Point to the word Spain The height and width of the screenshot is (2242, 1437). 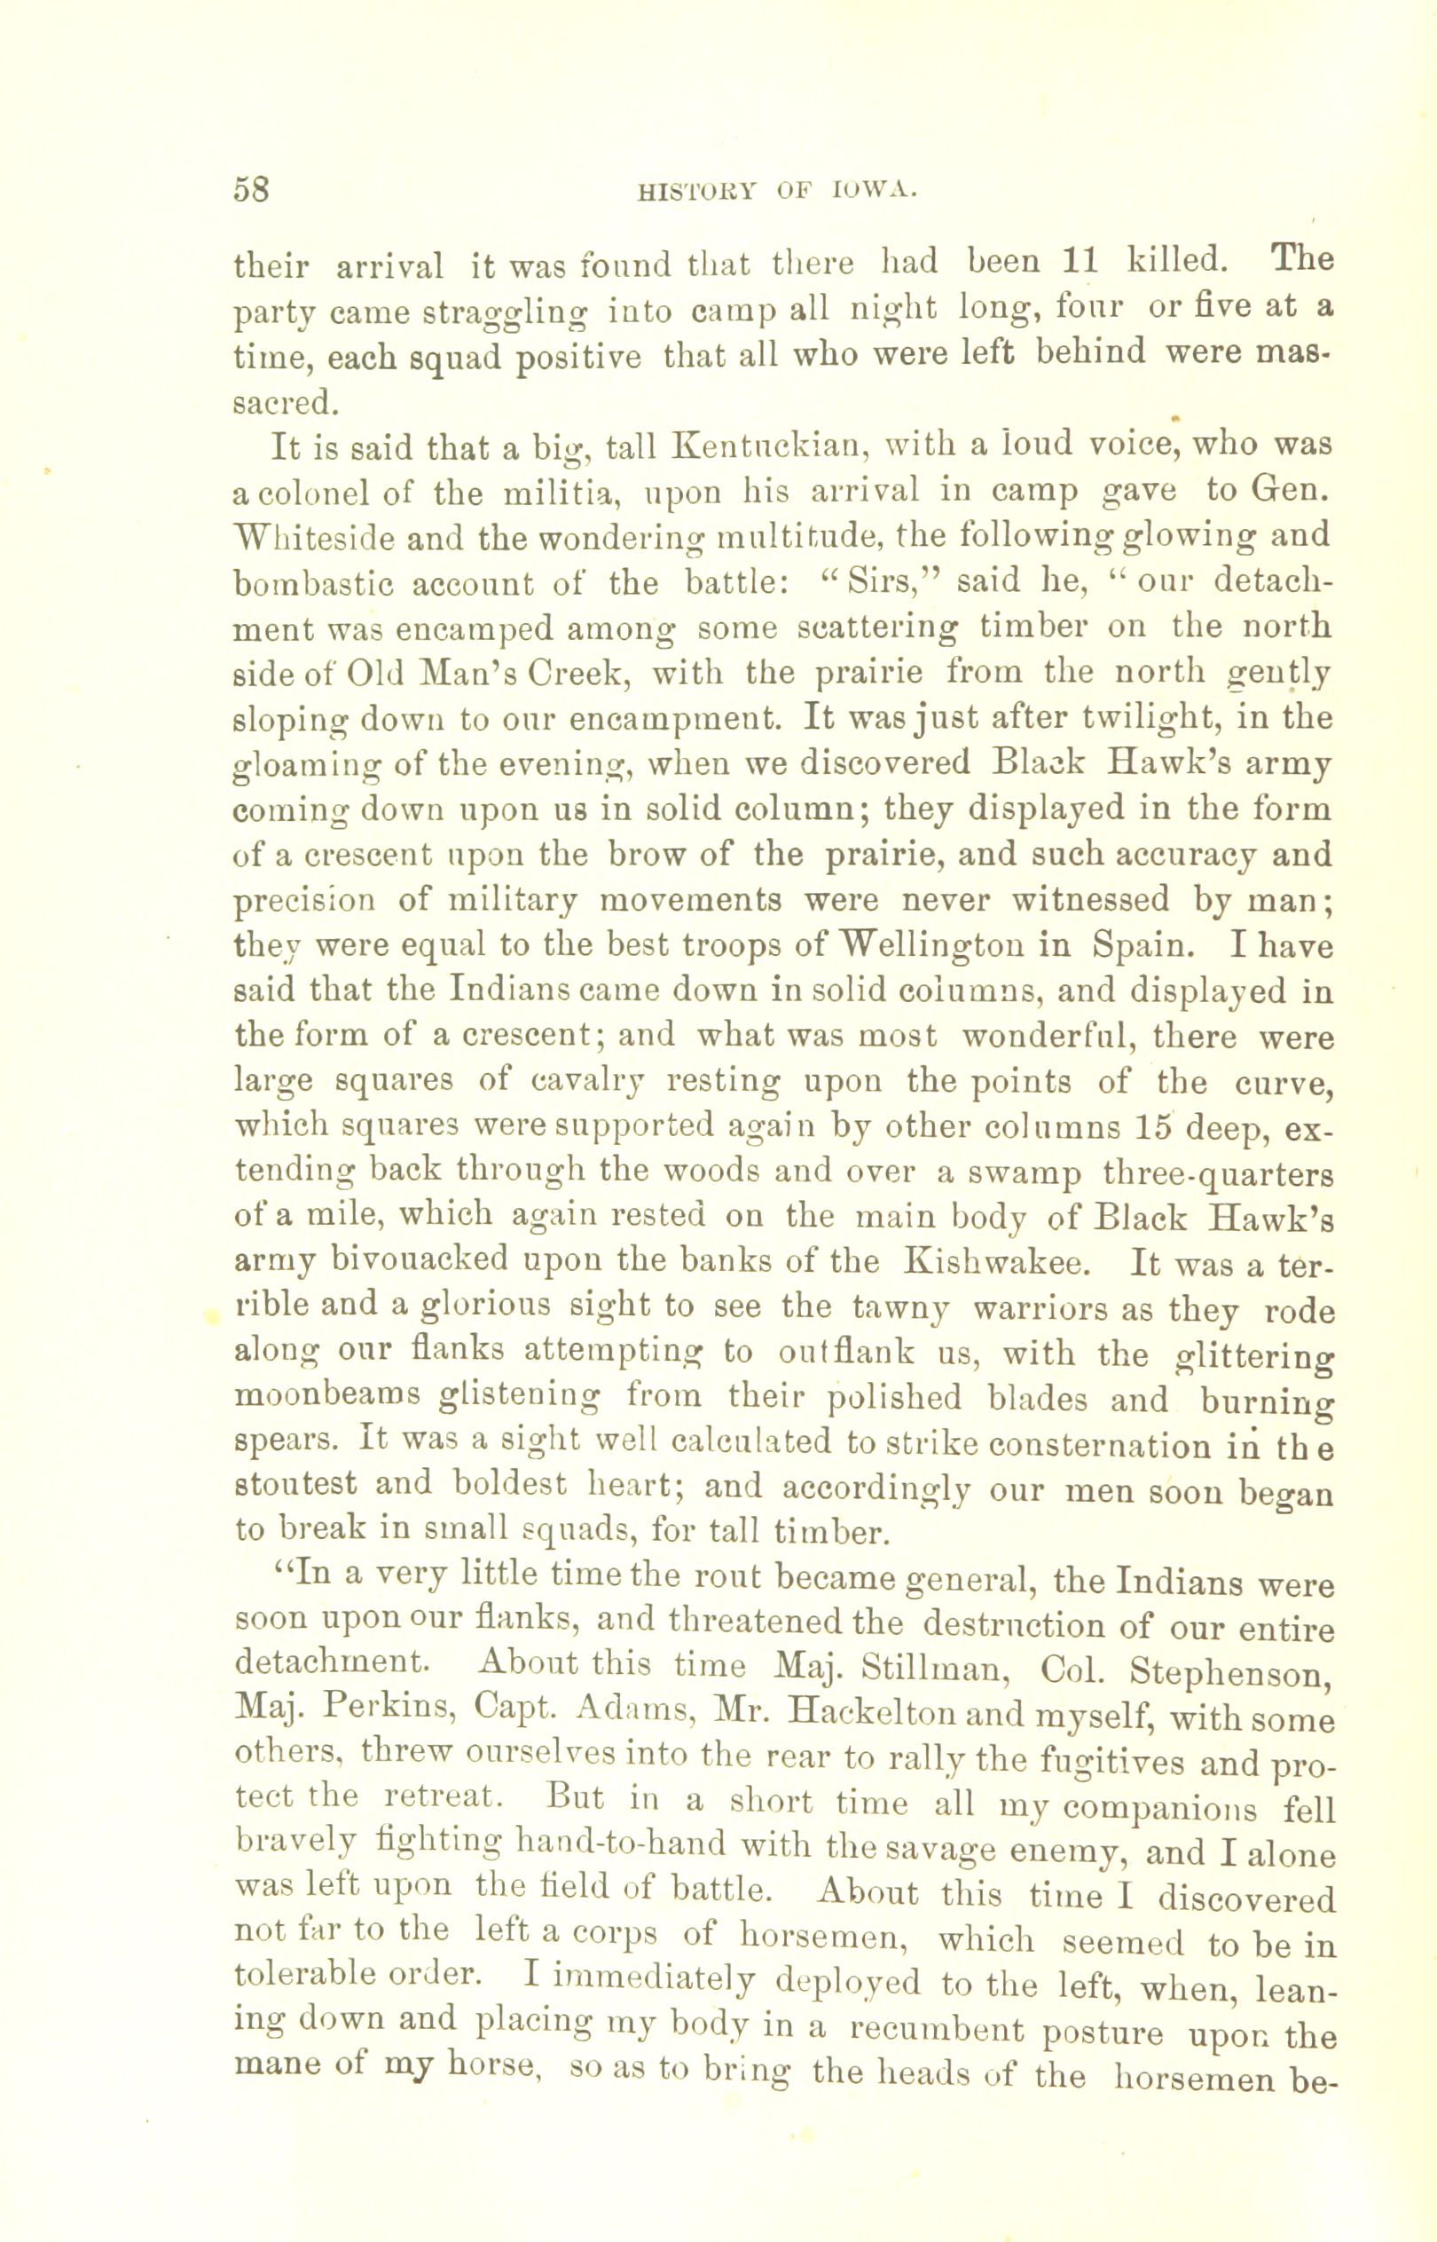click(1142, 945)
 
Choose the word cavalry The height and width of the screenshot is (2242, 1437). click(587, 1083)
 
